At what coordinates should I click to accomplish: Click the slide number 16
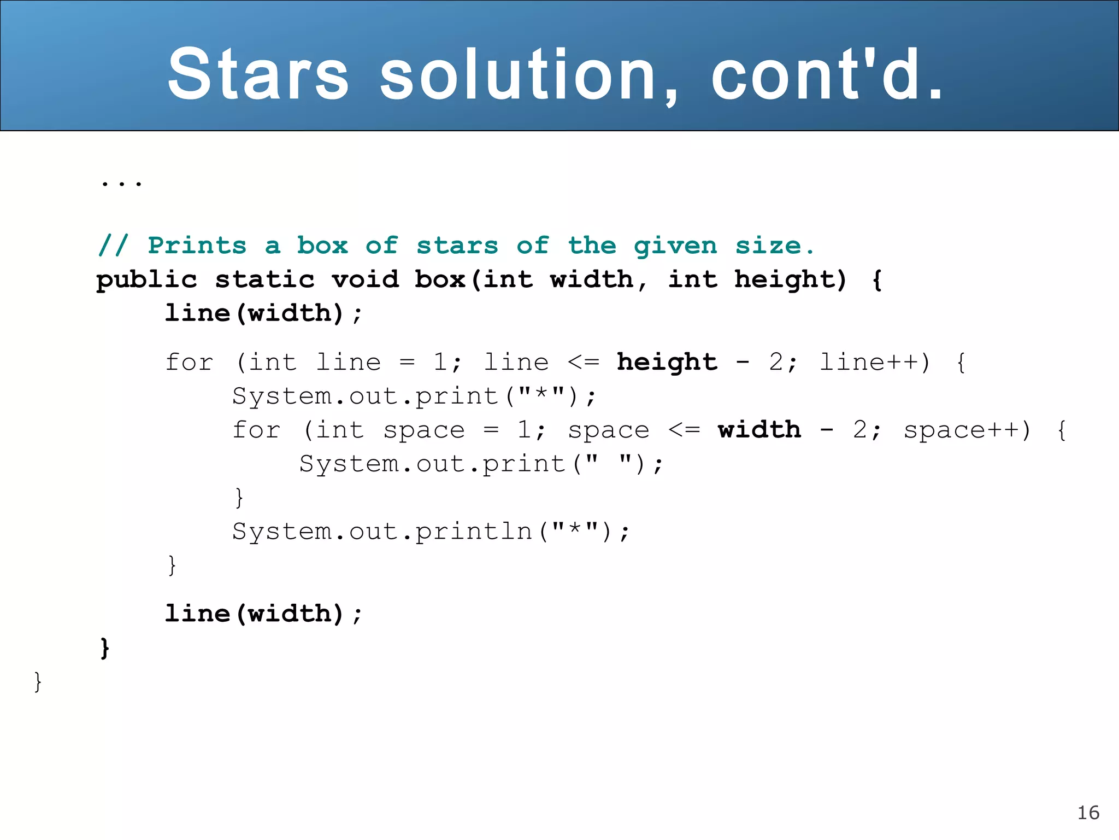[x=1088, y=813]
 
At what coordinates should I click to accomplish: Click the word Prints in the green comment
[x=197, y=246]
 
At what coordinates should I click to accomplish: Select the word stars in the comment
[x=457, y=246]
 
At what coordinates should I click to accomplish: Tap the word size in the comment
[x=768, y=246]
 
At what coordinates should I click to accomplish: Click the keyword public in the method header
[x=146, y=280]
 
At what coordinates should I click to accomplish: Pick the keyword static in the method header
[x=265, y=280]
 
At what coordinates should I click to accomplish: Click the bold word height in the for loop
[x=667, y=362]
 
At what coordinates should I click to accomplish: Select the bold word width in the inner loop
[x=759, y=430]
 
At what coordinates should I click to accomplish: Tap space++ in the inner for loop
[x=967, y=430]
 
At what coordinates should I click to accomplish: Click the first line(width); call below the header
[x=263, y=313]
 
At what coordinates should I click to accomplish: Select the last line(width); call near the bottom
[x=263, y=614]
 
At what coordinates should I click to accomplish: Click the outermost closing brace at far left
[x=38, y=682]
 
